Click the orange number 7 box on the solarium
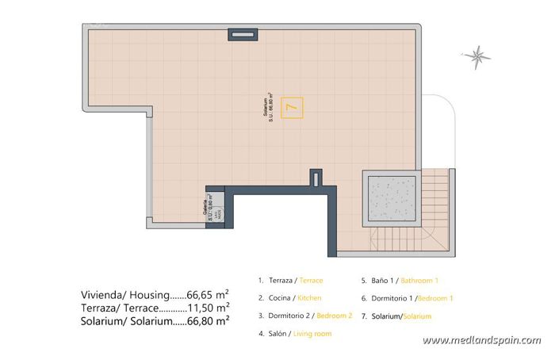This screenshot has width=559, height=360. (292, 106)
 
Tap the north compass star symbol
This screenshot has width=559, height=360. (477, 55)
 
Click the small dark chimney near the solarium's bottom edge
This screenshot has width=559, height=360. (316, 176)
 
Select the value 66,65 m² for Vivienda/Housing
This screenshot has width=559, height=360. (208, 293)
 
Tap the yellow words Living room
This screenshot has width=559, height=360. (312, 334)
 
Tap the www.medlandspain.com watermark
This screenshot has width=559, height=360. (481, 340)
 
